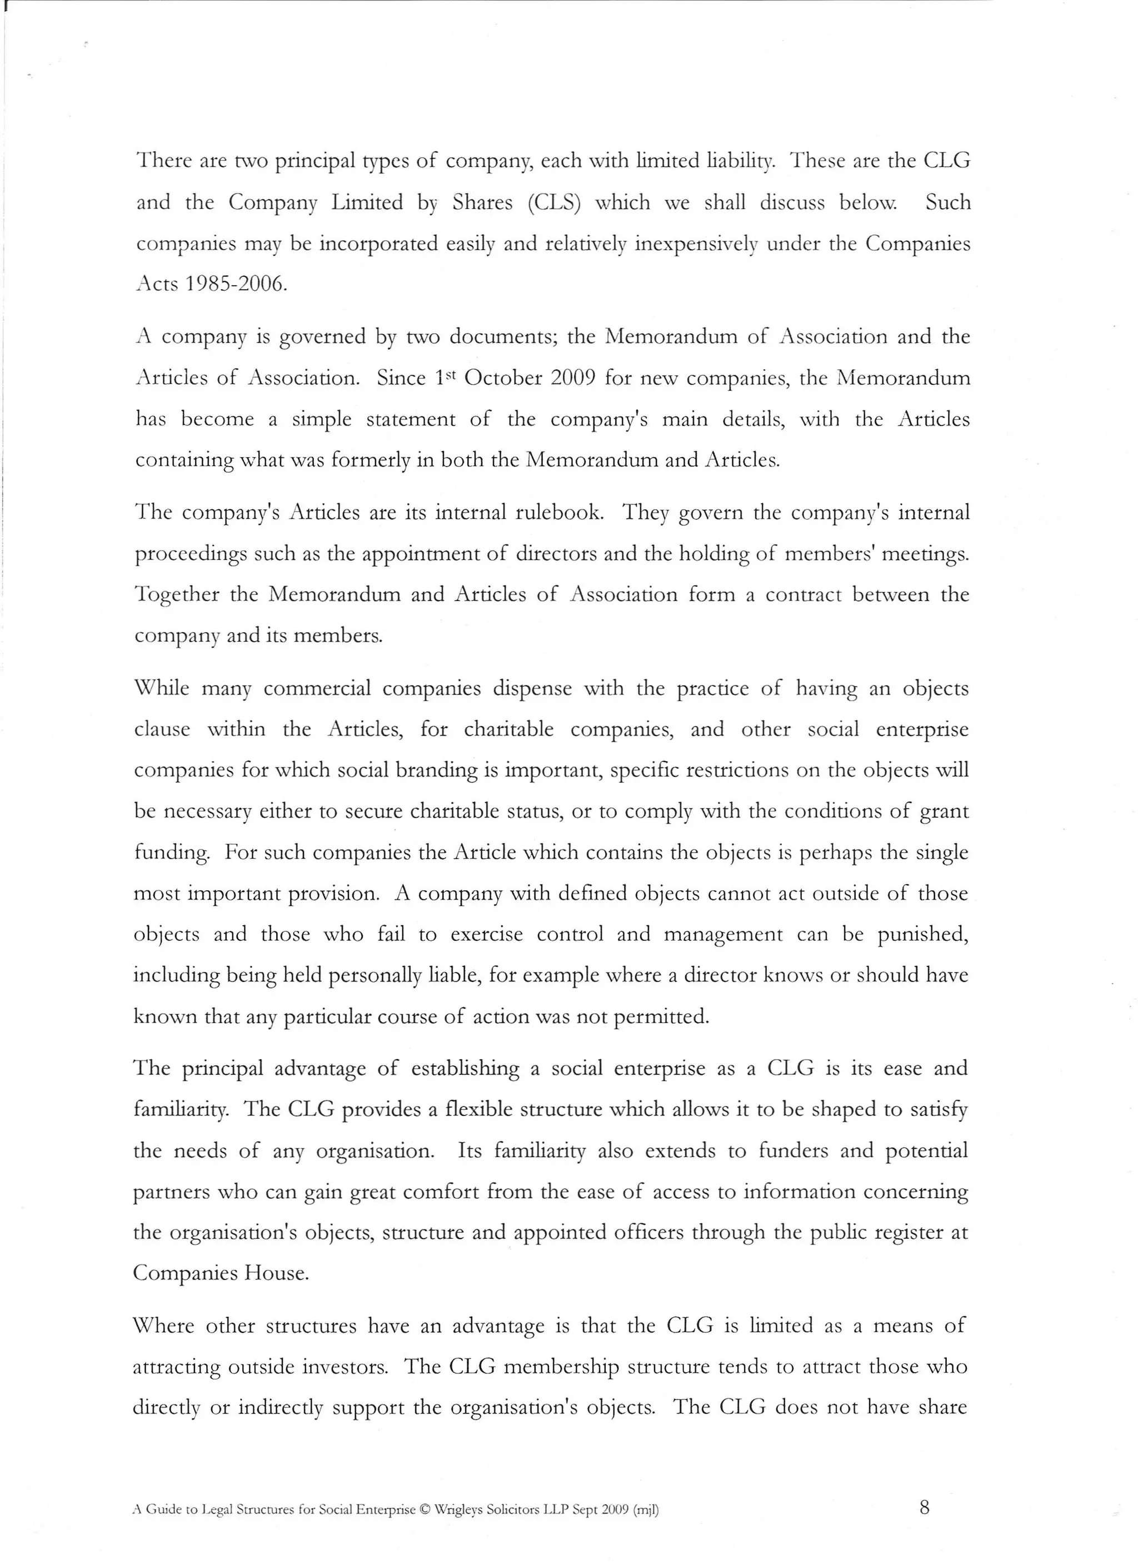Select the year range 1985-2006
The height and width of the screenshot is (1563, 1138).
(x=235, y=285)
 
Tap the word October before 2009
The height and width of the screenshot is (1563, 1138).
(x=503, y=378)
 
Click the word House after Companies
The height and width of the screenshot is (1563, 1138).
(x=276, y=1273)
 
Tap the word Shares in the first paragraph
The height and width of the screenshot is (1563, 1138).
(x=482, y=202)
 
